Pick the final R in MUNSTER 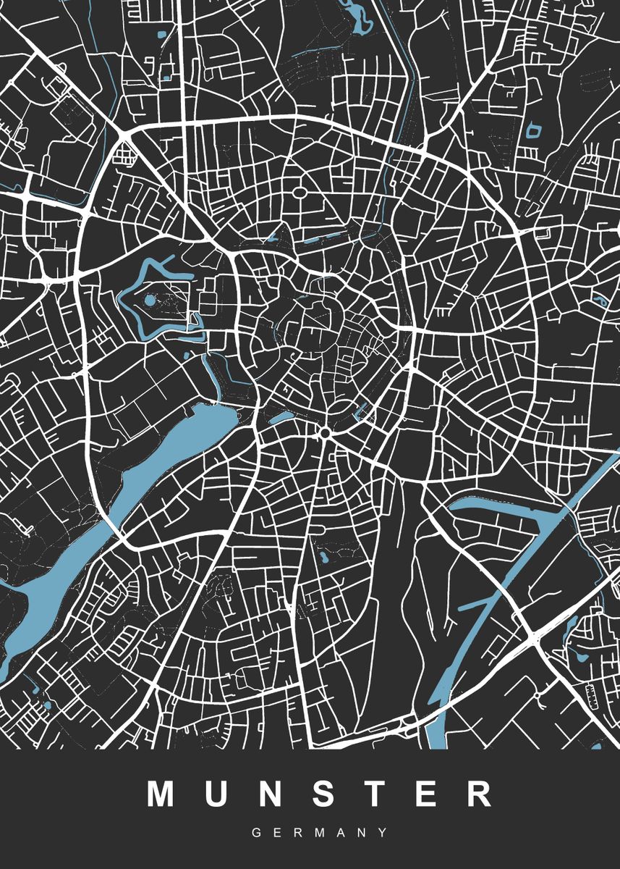(x=477, y=794)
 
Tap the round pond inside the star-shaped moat (x=150, y=300)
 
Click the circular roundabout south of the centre (x=325, y=432)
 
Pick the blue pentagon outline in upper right (x=534, y=130)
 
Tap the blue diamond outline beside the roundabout (x=360, y=413)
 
